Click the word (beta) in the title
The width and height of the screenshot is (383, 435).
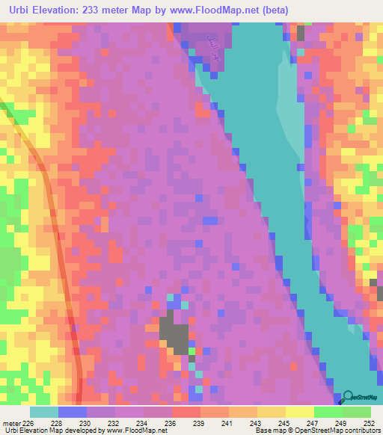[275, 10]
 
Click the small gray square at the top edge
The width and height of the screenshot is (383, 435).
[301, 32]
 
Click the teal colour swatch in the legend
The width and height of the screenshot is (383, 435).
[43, 412]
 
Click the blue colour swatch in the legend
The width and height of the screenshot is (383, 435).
[72, 412]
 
